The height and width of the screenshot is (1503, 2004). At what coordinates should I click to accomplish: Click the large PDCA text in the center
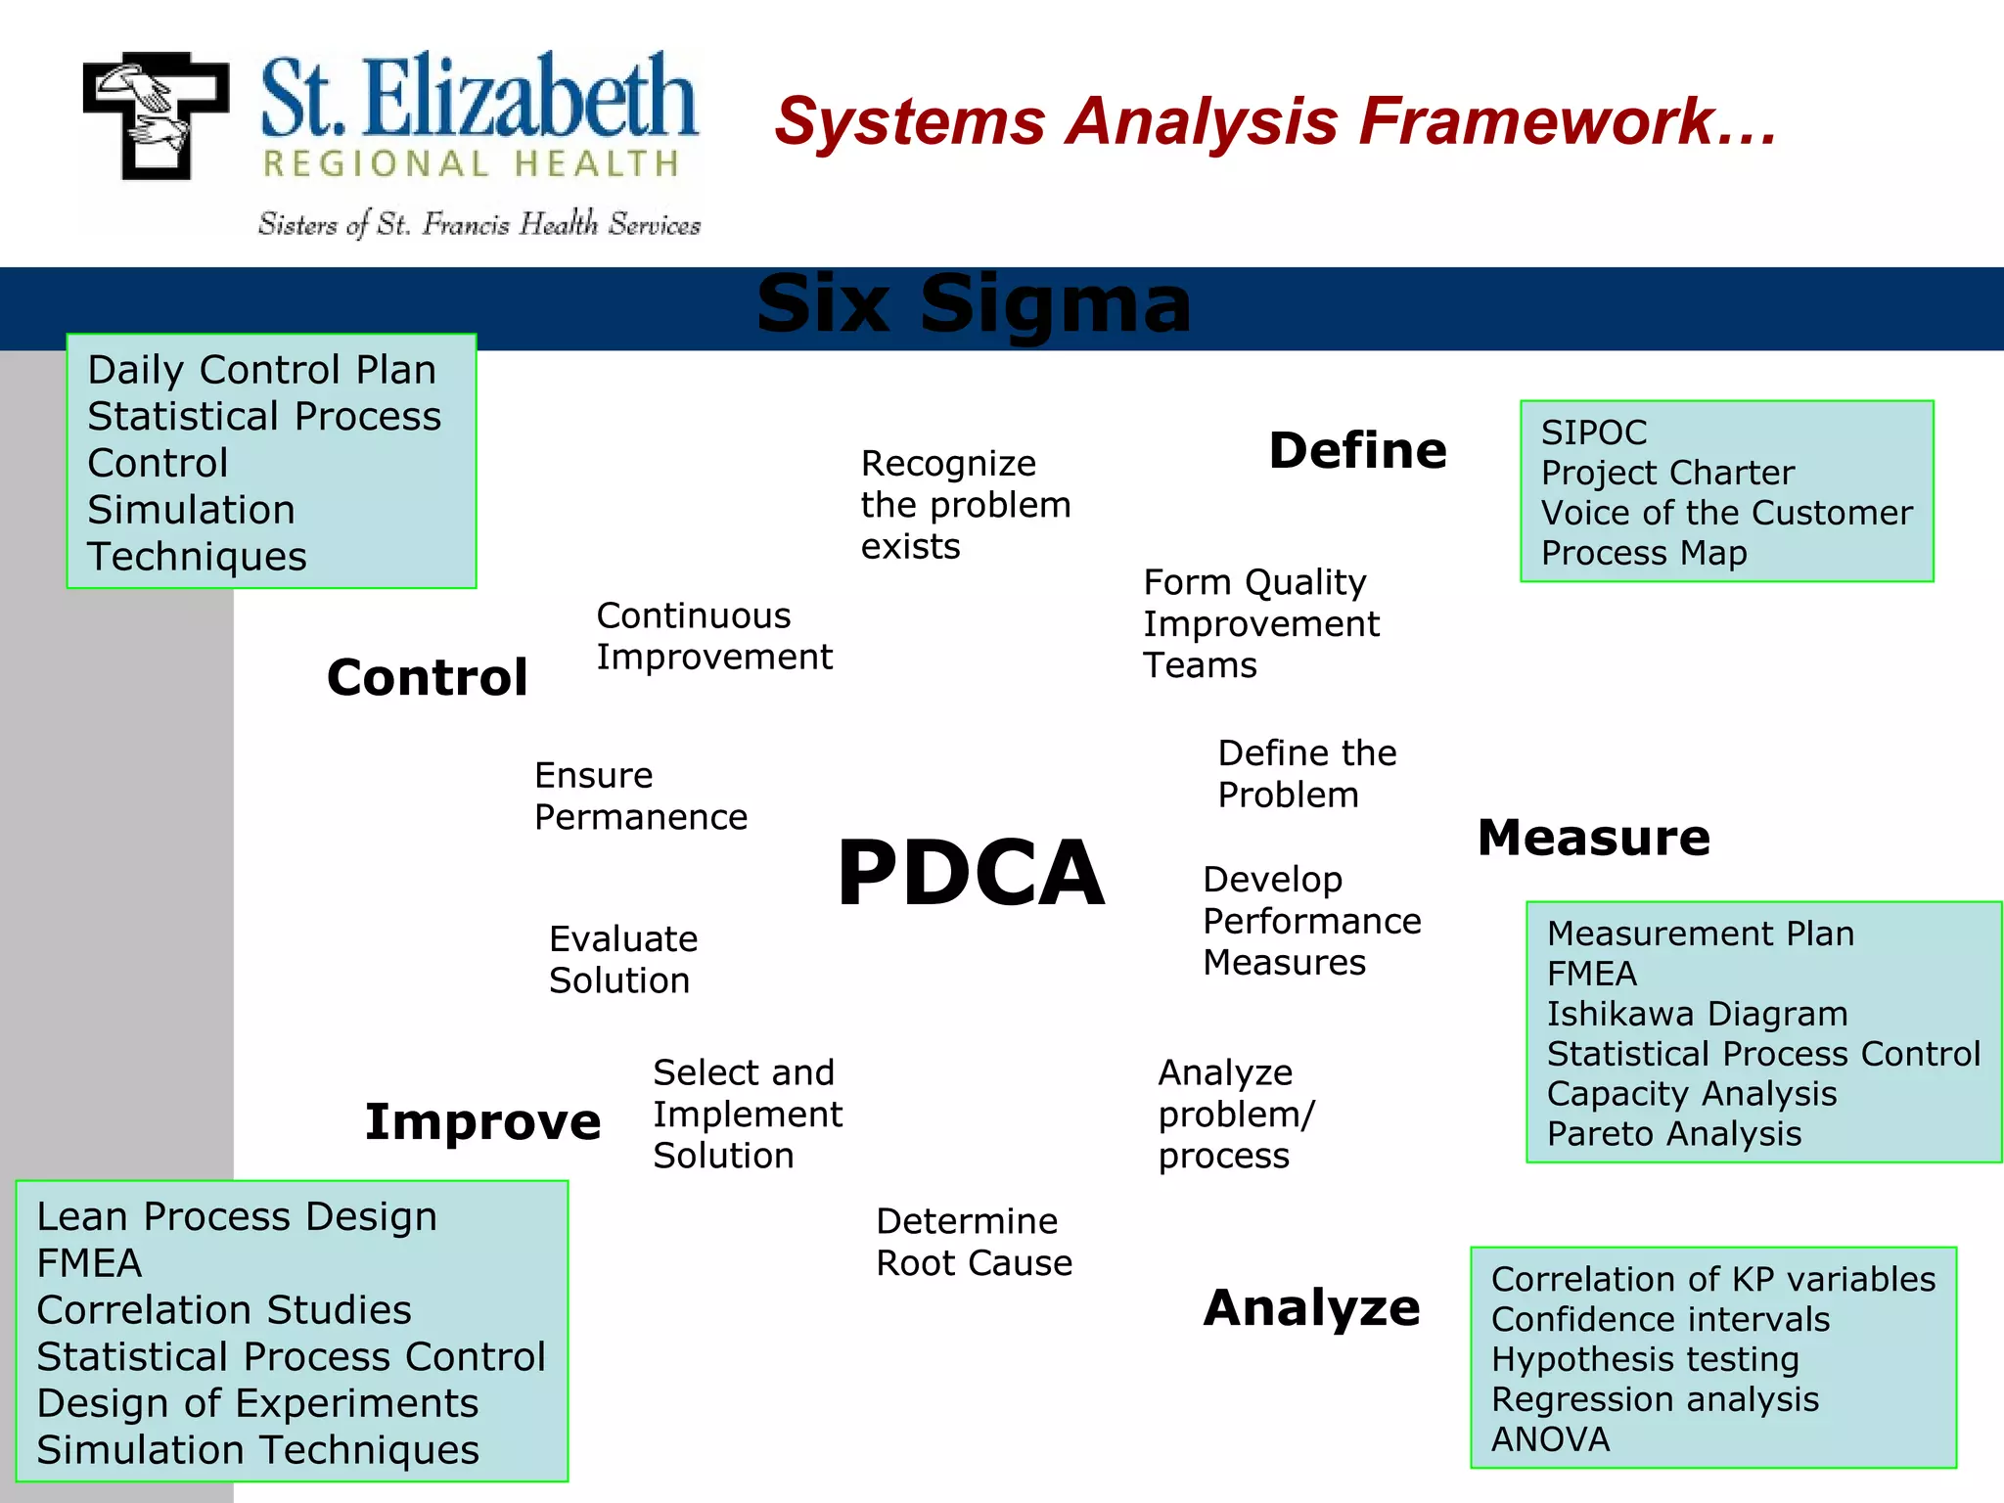click(971, 873)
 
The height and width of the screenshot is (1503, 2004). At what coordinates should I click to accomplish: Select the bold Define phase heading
click(1357, 451)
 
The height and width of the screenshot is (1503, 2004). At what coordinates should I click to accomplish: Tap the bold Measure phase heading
click(1593, 839)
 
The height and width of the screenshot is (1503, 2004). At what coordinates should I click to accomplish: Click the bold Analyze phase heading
click(1311, 1308)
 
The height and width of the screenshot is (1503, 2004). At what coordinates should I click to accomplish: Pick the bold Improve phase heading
click(482, 1121)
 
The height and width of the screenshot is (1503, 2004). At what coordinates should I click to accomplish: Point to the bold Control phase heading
click(427, 678)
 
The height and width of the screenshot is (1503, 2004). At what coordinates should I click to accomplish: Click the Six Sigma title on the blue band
click(974, 304)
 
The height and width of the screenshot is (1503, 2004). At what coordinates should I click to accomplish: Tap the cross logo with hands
click(156, 115)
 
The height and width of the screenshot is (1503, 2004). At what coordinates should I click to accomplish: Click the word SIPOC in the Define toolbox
click(1593, 433)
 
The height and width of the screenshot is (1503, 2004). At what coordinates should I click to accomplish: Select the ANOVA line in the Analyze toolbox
click(1550, 1439)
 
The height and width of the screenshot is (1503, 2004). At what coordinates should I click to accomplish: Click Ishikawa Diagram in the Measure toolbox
click(1697, 1014)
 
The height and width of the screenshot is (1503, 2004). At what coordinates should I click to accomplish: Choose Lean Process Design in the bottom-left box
click(237, 1216)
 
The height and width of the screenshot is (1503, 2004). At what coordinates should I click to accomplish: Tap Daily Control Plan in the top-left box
click(261, 370)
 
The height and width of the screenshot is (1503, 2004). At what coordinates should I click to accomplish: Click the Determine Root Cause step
click(974, 1242)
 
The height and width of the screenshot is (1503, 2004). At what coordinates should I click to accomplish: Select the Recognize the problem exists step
click(965, 505)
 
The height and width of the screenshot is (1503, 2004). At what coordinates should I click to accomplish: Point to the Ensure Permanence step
click(640, 796)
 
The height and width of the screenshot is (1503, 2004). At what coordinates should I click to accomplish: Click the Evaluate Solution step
click(622, 960)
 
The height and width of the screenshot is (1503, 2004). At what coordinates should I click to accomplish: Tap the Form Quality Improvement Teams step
click(1260, 623)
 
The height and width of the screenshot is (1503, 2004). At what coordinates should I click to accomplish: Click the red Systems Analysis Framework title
click(1274, 121)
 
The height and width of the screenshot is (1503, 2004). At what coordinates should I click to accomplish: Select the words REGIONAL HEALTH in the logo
click(471, 164)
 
